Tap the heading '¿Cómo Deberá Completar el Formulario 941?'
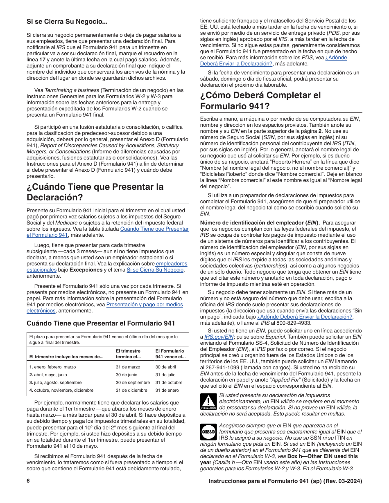(260, 101)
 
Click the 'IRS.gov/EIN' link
(216, 337)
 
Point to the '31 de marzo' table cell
(128, 367)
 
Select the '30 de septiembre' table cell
(133, 383)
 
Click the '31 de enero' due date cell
(167, 391)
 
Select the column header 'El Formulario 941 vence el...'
(170, 354)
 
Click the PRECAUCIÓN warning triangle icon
(208, 402)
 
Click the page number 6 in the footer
(28, 481)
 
